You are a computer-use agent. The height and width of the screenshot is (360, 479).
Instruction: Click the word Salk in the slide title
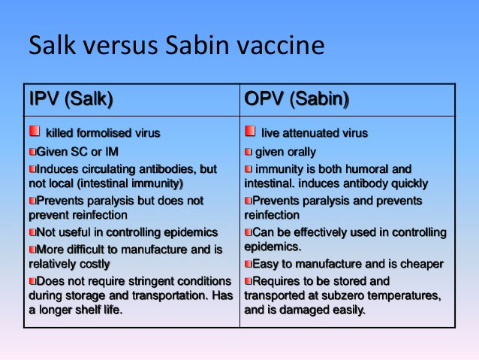pos(53,45)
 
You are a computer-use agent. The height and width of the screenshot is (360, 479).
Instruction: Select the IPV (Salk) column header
pos(71,99)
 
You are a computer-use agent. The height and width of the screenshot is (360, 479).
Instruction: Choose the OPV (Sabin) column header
pos(297,99)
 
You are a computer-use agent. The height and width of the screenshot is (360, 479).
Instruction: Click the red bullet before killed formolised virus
pos(35,131)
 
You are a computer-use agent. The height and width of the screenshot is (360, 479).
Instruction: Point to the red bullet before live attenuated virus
pos(250,131)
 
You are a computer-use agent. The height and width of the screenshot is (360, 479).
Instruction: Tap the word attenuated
pos(315,133)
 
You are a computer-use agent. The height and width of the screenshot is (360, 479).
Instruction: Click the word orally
pos(300,152)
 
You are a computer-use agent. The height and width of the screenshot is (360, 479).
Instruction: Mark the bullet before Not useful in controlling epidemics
pos(33,232)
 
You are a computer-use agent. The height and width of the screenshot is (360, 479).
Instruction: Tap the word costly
pos(95,264)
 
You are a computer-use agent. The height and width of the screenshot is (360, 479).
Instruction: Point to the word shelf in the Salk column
pos(88,310)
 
